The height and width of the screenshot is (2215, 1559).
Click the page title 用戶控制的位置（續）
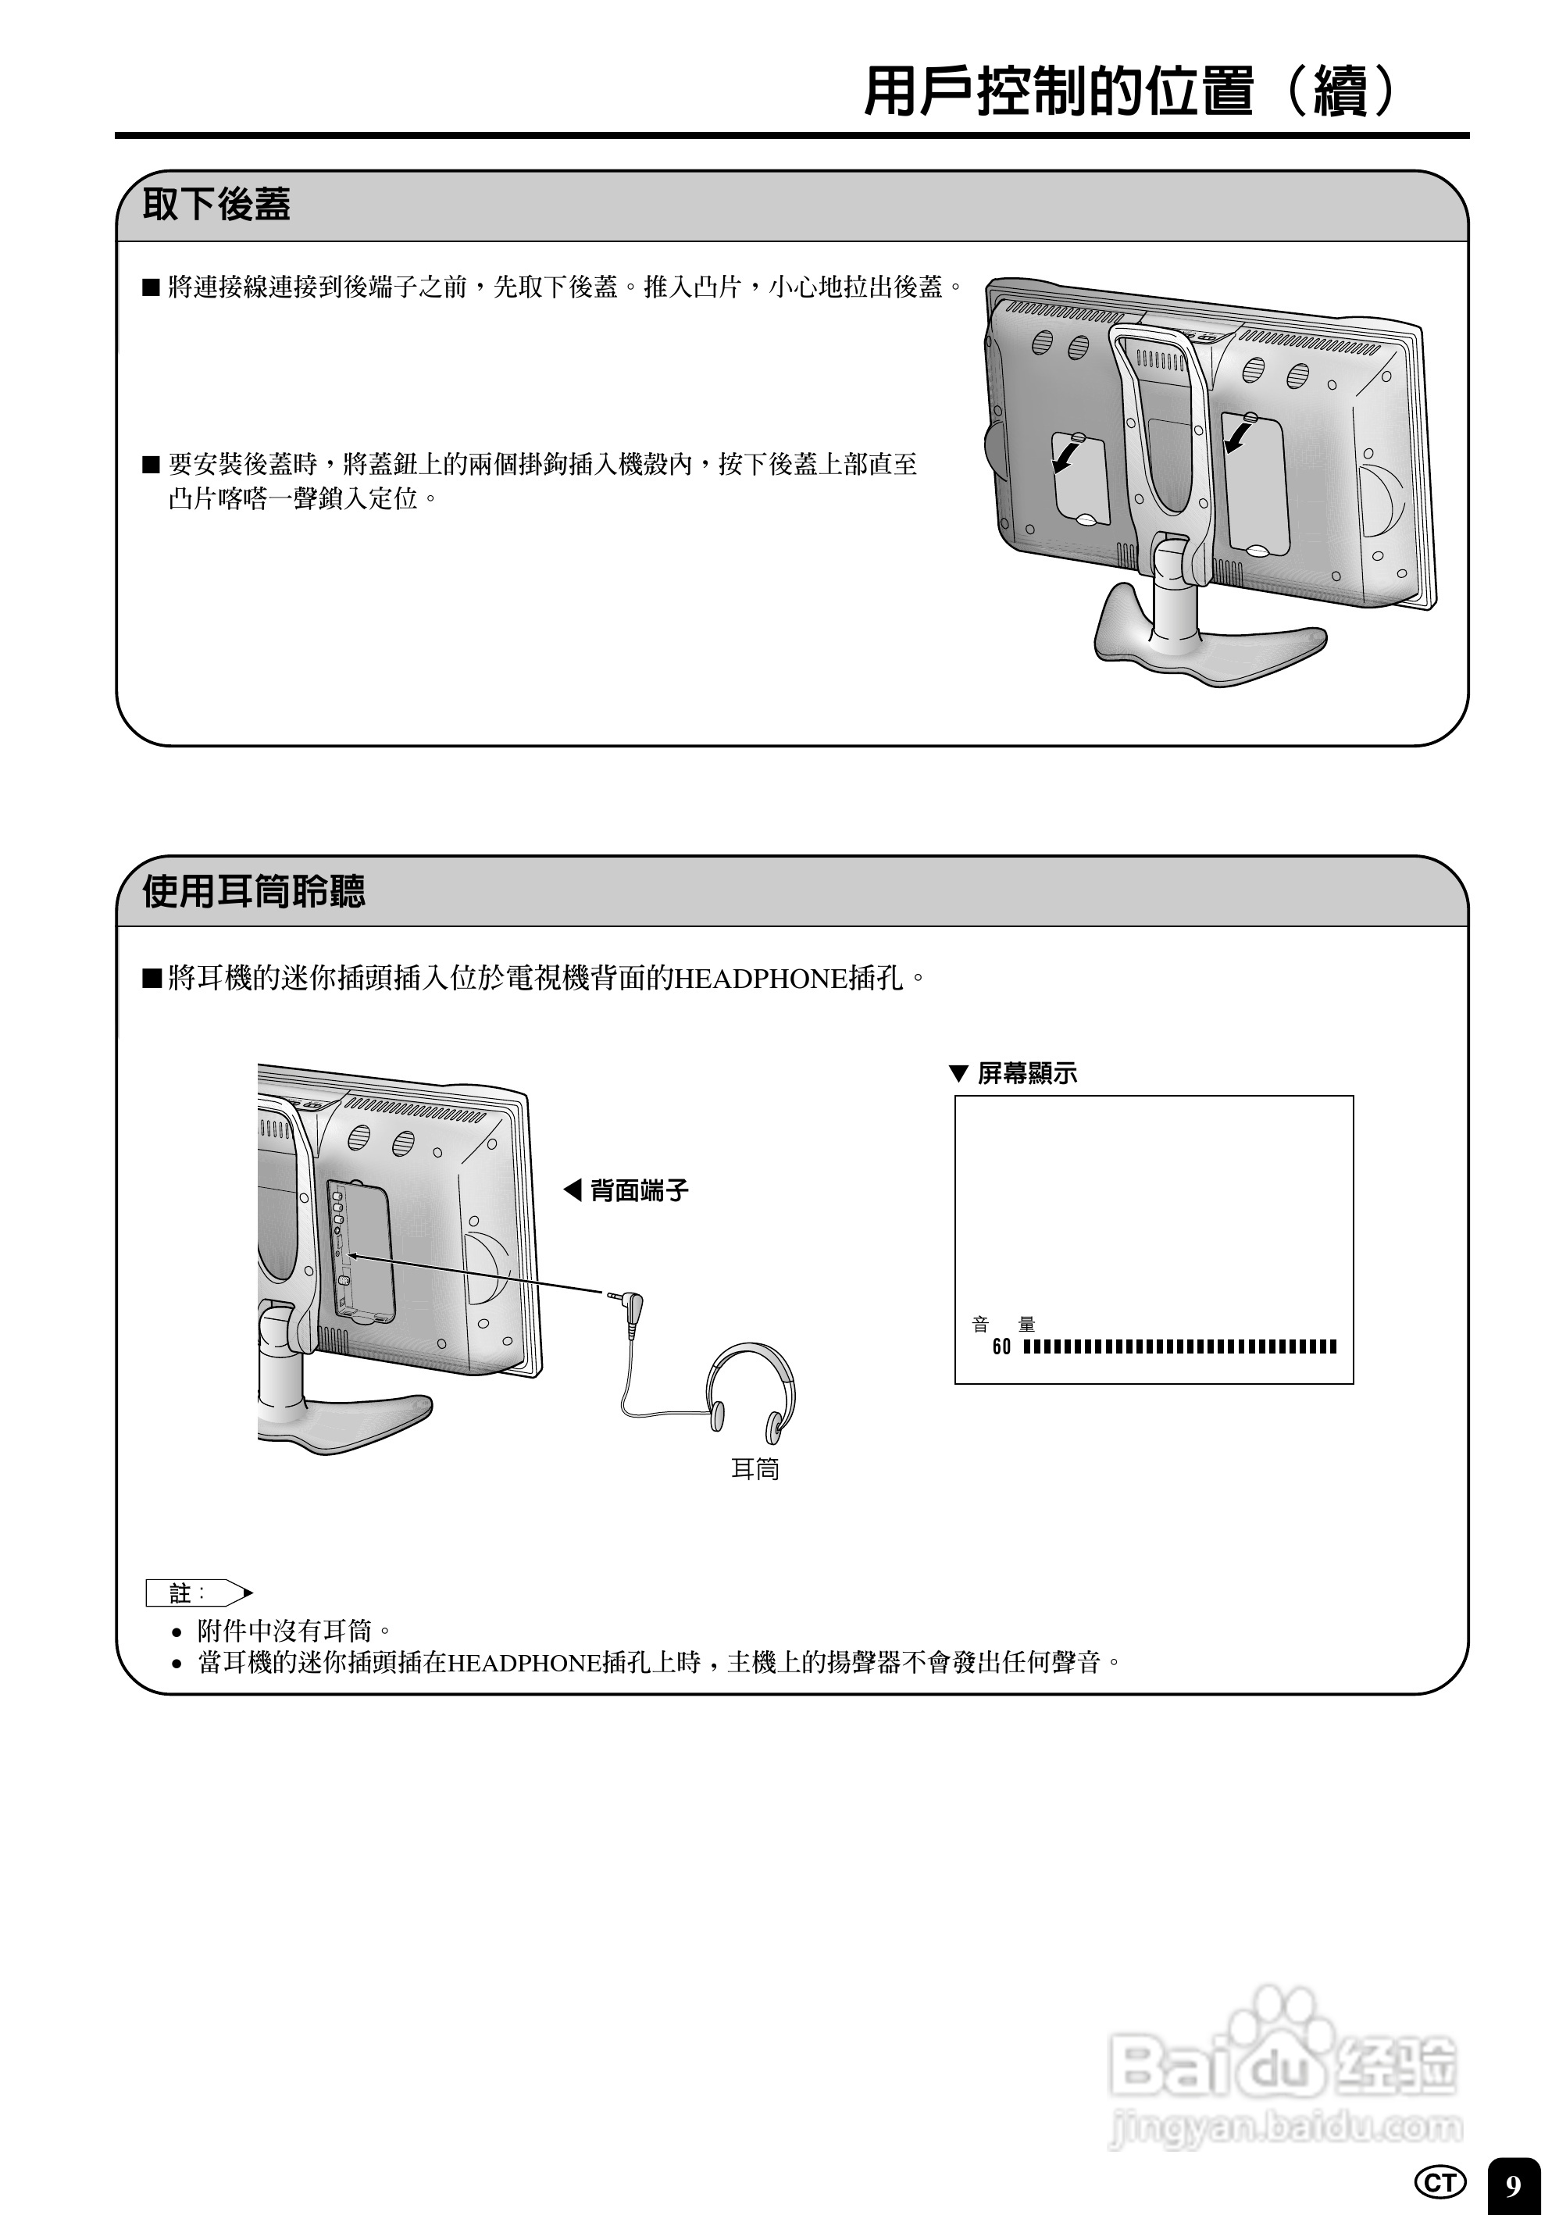click(x=1129, y=91)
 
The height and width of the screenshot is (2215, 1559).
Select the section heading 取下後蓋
click(x=216, y=205)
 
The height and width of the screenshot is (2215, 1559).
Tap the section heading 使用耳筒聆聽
click(x=254, y=890)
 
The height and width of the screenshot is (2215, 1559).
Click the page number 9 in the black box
click(x=1513, y=2184)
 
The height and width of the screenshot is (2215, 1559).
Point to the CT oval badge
click(x=1439, y=2181)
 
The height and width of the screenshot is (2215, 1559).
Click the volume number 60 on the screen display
click(x=1001, y=1346)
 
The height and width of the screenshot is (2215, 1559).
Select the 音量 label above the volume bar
click(x=1004, y=1325)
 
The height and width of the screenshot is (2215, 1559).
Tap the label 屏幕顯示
click(x=1026, y=1073)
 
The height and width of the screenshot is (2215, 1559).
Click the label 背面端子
click(x=639, y=1190)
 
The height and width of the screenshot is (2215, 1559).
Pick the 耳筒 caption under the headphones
click(x=755, y=1468)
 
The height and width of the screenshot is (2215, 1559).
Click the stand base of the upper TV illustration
click(x=1206, y=647)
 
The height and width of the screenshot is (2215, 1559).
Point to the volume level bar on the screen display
click(x=1179, y=1346)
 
